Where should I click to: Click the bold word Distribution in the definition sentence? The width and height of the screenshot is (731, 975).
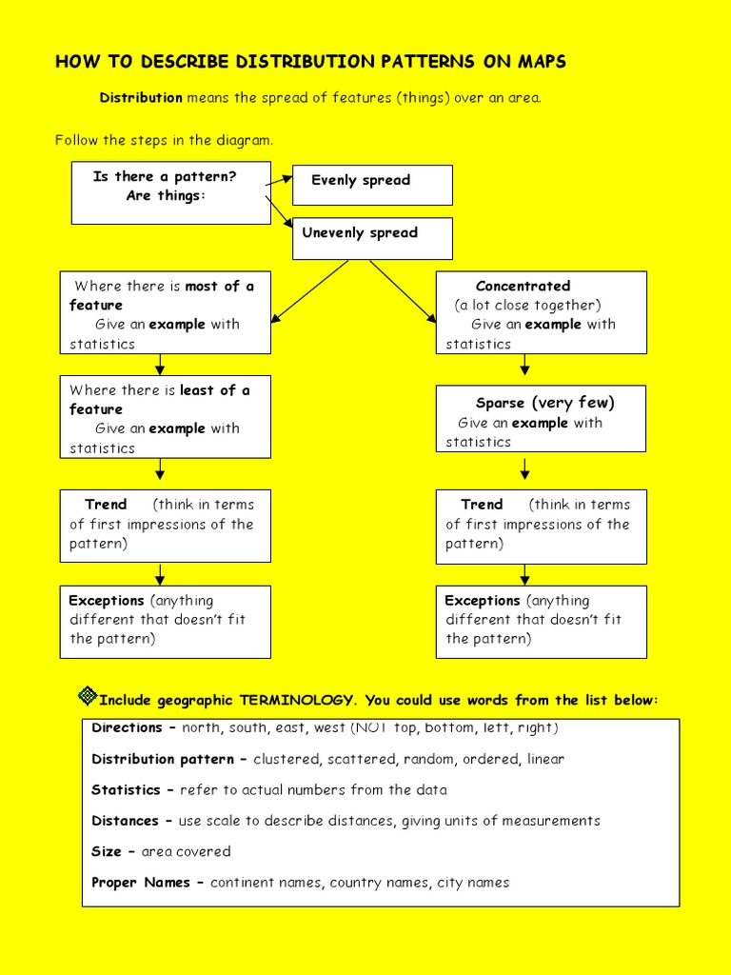(x=141, y=98)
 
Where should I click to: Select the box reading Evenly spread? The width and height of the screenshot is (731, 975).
(x=372, y=185)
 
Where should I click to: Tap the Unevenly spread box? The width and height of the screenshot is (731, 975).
(x=372, y=238)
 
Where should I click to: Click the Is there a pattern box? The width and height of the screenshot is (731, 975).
(x=170, y=192)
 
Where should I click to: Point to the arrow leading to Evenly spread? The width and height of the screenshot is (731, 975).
(x=280, y=180)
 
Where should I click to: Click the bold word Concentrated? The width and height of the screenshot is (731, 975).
(x=523, y=286)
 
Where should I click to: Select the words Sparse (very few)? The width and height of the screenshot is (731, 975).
(x=545, y=403)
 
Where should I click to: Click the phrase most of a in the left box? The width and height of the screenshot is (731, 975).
(x=219, y=286)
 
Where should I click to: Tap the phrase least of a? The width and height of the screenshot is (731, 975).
(x=214, y=390)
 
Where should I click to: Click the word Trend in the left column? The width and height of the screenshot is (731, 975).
(x=106, y=505)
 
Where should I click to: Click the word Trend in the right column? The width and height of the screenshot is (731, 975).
(x=482, y=505)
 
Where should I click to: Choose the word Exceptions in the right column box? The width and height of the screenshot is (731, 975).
(x=483, y=601)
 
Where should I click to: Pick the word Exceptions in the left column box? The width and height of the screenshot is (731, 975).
(x=107, y=601)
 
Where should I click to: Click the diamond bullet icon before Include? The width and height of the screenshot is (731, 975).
(x=88, y=696)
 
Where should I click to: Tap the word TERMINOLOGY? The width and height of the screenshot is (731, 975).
(x=296, y=701)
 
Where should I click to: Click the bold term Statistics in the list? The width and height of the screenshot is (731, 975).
(x=126, y=790)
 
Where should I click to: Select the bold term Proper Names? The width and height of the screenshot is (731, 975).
(x=141, y=883)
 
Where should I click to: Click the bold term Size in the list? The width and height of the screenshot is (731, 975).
(x=107, y=852)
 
